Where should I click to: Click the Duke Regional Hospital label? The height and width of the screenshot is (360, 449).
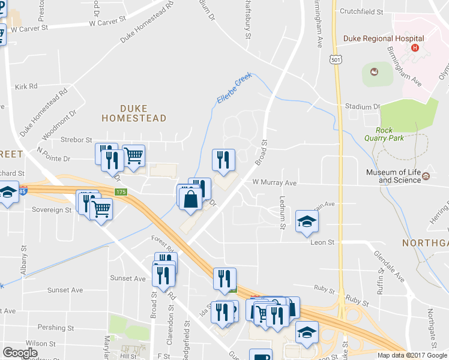pyautogui.click(x=384, y=38)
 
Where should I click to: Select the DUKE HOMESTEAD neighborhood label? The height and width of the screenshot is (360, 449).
pyautogui.click(x=134, y=113)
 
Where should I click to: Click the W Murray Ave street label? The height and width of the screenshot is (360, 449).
pyautogui.click(x=274, y=182)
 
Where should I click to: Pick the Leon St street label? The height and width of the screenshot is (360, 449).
pyautogui.click(x=322, y=242)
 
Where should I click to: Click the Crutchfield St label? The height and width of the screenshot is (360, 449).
pyautogui.click(x=361, y=11)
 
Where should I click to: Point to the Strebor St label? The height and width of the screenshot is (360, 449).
pyautogui.click(x=76, y=140)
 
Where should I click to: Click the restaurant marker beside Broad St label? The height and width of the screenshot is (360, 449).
pyautogui.click(x=223, y=160)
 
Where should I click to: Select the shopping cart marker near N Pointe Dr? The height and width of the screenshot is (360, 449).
pyautogui.click(x=133, y=156)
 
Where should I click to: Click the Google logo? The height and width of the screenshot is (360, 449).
pyautogui.click(x=20, y=353)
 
